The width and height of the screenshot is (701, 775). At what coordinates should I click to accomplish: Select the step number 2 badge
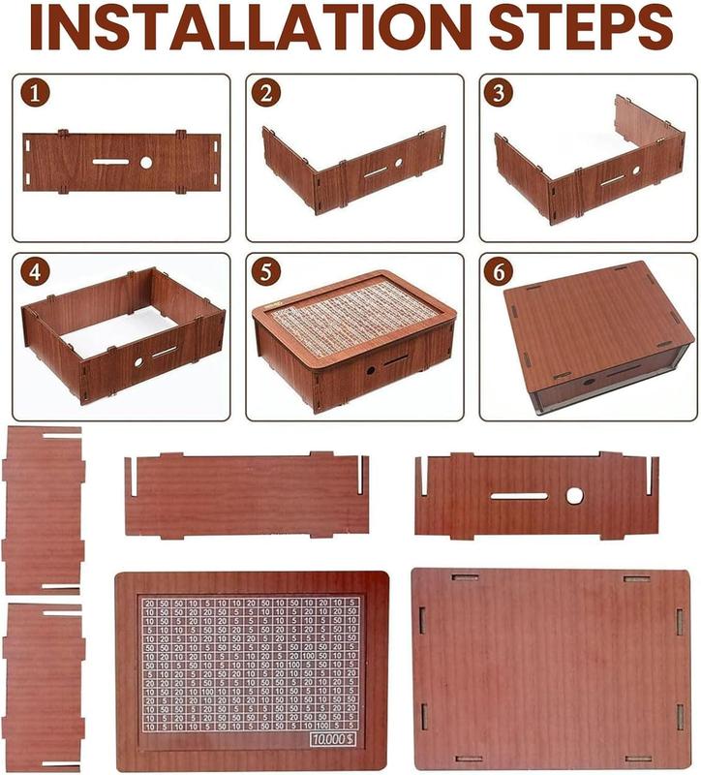pyautogui.click(x=265, y=93)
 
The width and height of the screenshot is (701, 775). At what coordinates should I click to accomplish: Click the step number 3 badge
pyautogui.click(x=499, y=93)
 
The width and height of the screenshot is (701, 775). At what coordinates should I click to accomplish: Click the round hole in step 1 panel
pyautogui.click(x=146, y=163)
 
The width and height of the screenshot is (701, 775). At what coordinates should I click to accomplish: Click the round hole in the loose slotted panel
pyautogui.click(x=575, y=495)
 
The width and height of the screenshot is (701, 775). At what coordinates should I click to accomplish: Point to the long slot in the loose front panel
pyautogui.click(x=519, y=496)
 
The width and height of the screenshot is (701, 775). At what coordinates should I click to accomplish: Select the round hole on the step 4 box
pyautogui.click(x=138, y=361)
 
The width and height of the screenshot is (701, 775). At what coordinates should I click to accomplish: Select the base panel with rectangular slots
pyautogui.click(x=550, y=668)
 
